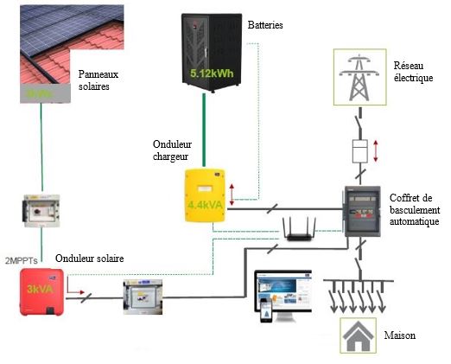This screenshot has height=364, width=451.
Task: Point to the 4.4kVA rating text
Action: pos(206,206)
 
